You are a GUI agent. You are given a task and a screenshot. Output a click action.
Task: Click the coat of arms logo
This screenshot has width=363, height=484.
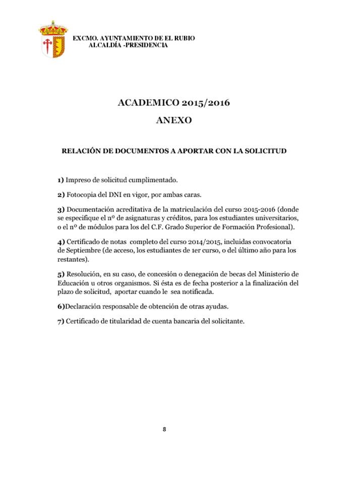(x=52, y=39)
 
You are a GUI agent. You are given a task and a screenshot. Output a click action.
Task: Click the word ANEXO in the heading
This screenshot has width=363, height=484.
(x=173, y=121)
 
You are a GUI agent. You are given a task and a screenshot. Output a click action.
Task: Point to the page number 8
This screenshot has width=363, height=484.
(x=164, y=429)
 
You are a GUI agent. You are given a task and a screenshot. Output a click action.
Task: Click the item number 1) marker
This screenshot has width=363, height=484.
(x=60, y=180)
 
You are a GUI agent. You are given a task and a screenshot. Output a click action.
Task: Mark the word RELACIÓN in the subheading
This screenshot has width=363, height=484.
(x=81, y=151)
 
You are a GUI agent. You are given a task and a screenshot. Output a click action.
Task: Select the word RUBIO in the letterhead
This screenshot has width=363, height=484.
(x=184, y=38)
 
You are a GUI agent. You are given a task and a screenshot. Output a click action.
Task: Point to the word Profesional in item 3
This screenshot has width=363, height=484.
(x=274, y=227)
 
